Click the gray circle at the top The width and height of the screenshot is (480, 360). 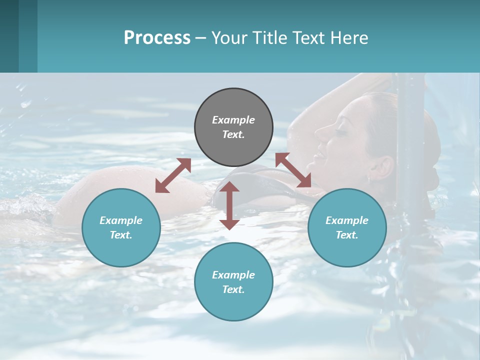pyautogui.click(x=233, y=127)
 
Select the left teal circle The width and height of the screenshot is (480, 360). pyautogui.click(x=121, y=227)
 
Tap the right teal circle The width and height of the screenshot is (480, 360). pyautogui.click(x=347, y=227)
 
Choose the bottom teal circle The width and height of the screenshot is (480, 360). pyautogui.click(x=233, y=281)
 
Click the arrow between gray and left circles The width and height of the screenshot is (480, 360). pyautogui.click(x=173, y=175)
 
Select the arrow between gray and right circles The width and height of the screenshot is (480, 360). pyautogui.click(x=293, y=170)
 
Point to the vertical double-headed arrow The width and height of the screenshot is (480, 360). pyautogui.click(x=229, y=205)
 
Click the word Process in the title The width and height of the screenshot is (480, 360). pyautogui.click(x=157, y=37)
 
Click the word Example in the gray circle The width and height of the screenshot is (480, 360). pyautogui.click(x=233, y=120)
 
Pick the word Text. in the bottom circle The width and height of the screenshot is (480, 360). pyautogui.click(x=233, y=289)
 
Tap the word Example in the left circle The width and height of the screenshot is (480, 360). pyautogui.click(x=121, y=220)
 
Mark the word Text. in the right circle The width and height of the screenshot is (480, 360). pyautogui.click(x=347, y=235)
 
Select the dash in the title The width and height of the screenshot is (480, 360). pyautogui.click(x=200, y=38)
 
